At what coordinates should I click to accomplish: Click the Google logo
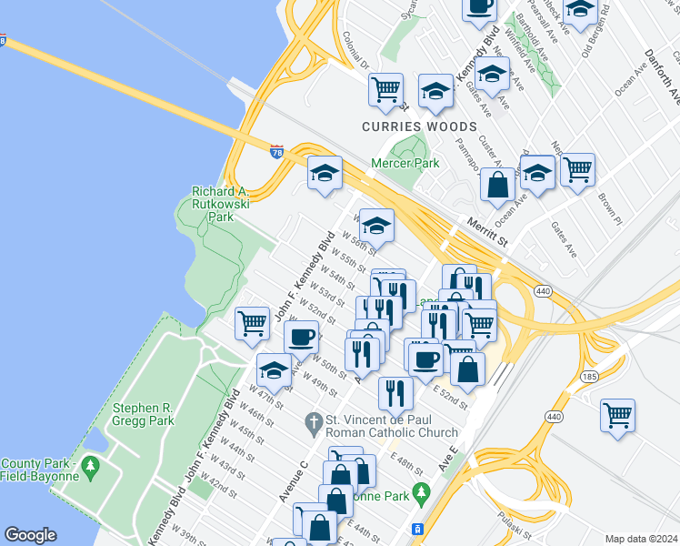point(30,535)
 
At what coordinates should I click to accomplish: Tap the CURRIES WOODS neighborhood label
point(419,126)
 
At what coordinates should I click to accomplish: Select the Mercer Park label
point(405,164)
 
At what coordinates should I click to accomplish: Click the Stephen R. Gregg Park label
point(143,415)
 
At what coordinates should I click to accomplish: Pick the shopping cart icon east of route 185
point(618,414)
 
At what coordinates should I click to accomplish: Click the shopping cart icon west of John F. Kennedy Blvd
point(252,321)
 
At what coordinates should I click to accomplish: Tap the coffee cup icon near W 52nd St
point(301,337)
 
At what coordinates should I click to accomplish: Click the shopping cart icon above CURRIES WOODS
point(385,89)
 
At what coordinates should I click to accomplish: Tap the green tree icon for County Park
point(89,468)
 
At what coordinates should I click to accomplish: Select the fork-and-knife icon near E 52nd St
point(395,392)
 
